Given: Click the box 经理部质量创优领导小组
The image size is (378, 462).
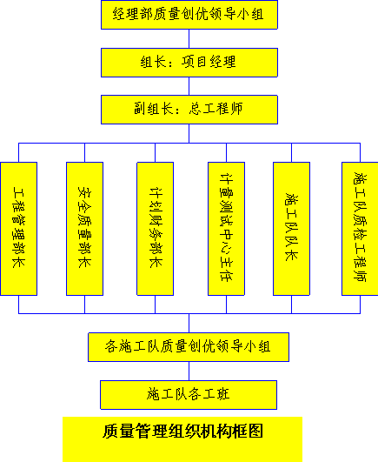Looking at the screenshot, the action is pyautogui.click(x=189, y=15).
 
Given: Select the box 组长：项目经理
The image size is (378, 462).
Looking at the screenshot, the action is pyautogui.click(x=189, y=63).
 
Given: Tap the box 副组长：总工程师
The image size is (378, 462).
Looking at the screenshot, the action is pyautogui.click(x=189, y=110).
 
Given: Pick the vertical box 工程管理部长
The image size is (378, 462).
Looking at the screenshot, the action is pyautogui.click(x=19, y=229).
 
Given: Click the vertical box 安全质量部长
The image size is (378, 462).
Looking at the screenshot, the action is pyautogui.click(x=84, y=229).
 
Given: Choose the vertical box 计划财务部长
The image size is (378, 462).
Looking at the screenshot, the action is pyautogui.click(x=155, y=229).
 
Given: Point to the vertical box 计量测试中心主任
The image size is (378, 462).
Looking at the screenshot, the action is pyautogui.click(x=226, y=229).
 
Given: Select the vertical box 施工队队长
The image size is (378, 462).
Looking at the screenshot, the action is pyautogui.click(x=291, y=229).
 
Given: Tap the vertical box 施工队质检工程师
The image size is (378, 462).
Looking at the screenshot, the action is pyautogui.click(x=360, y=229).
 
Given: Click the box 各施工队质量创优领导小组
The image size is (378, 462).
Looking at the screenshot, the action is pyautogui.click(x=189, y=347).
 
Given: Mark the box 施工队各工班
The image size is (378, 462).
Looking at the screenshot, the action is pyautogui.click(x=189, y=395).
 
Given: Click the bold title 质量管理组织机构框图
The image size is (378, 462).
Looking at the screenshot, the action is pyautogui.click(x=182, y=431).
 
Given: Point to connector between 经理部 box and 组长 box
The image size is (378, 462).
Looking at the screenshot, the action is pyautogui.click(x=189, y=38).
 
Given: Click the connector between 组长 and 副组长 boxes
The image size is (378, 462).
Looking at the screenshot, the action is pyautogui.click(x=189, y=86).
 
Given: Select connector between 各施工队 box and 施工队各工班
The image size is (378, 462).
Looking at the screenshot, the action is pyautogui.click(x=189, y=371).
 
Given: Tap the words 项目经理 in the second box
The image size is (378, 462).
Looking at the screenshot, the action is pyautogui.click(x=209, y=62).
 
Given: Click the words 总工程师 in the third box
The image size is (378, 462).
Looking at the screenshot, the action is pyautogui.click(x=216, y=109).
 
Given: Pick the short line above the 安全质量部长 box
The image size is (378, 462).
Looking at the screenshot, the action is pyautogui.click(x=84, y=152).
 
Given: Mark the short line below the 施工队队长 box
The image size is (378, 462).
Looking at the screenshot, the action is pyautogui.click(x=291, y=305).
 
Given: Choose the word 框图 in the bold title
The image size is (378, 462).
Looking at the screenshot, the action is pyautogui.click(x=248, y=431).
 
